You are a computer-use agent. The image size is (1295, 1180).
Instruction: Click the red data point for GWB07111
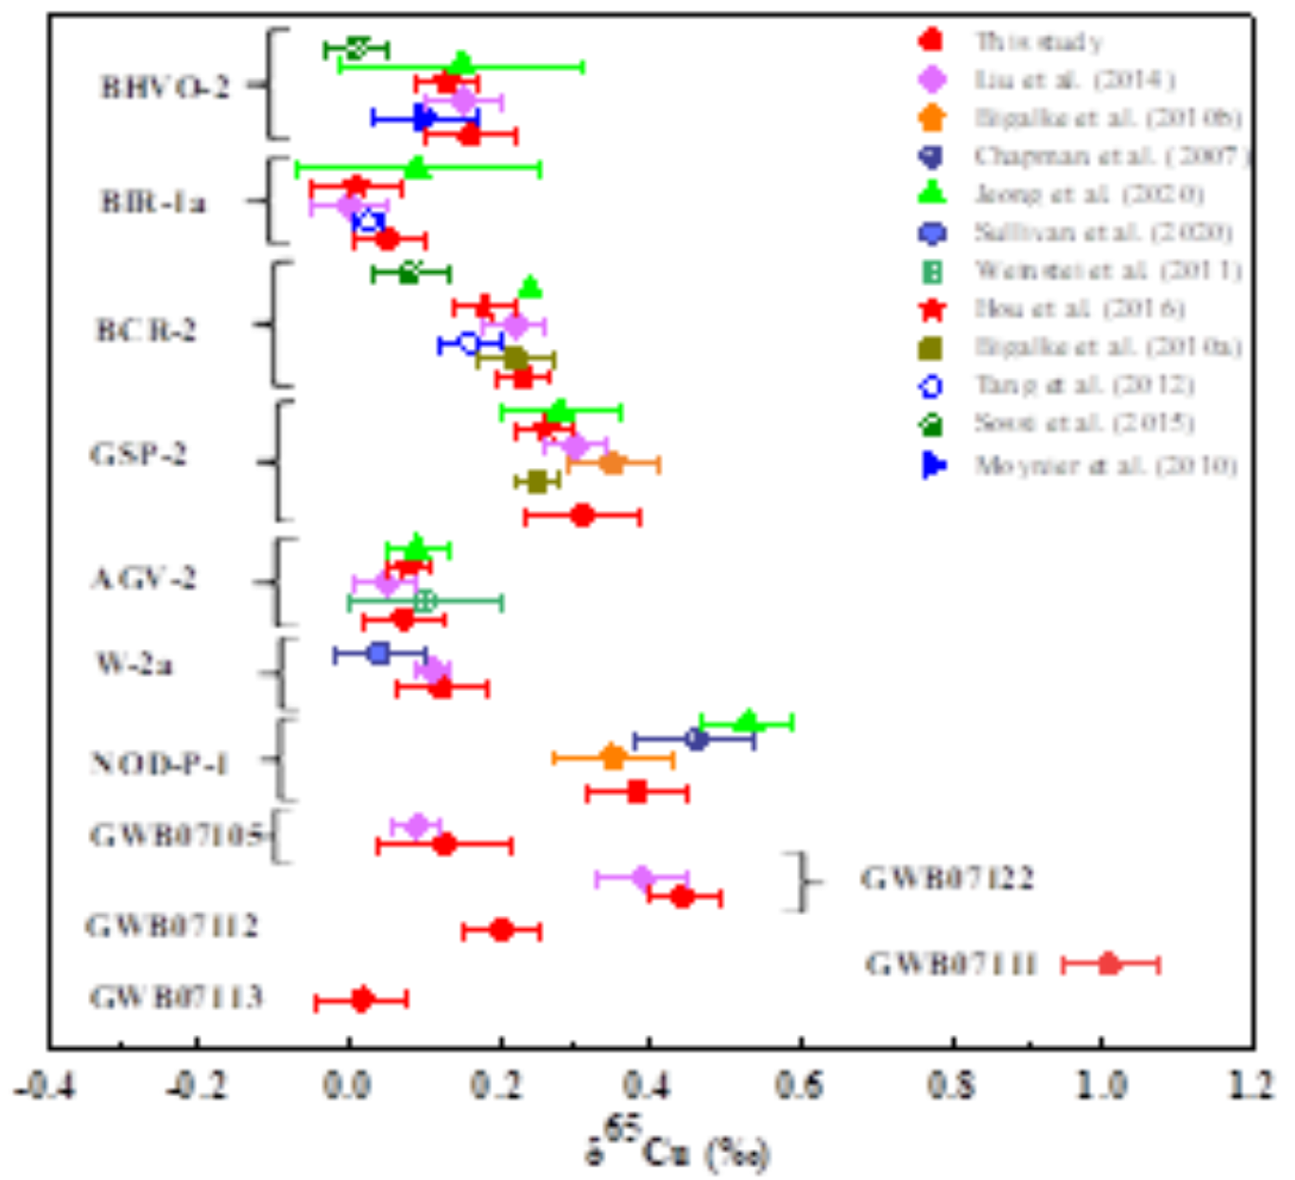pos(1109,964)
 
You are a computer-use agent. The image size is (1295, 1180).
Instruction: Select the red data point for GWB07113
pos(361,1000)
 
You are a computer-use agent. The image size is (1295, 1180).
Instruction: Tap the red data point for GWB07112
pos(502,930)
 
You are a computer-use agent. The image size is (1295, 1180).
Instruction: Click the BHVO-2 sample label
pos(165,86)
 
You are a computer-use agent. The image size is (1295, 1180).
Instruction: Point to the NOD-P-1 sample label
pos(159,763)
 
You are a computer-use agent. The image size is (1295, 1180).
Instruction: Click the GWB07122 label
pos(947,878)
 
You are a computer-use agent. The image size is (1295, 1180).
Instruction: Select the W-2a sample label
pos(135,664)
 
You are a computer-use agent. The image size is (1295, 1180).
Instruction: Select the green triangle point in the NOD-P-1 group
pos(748,721)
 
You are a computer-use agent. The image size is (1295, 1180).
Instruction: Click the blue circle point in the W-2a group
pos(379,652)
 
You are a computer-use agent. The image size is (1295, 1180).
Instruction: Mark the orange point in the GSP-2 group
pos(613,463)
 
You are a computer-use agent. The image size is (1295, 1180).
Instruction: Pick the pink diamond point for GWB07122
pos(642,878)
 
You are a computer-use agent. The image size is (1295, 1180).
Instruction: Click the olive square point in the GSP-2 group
pos(537,481)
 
